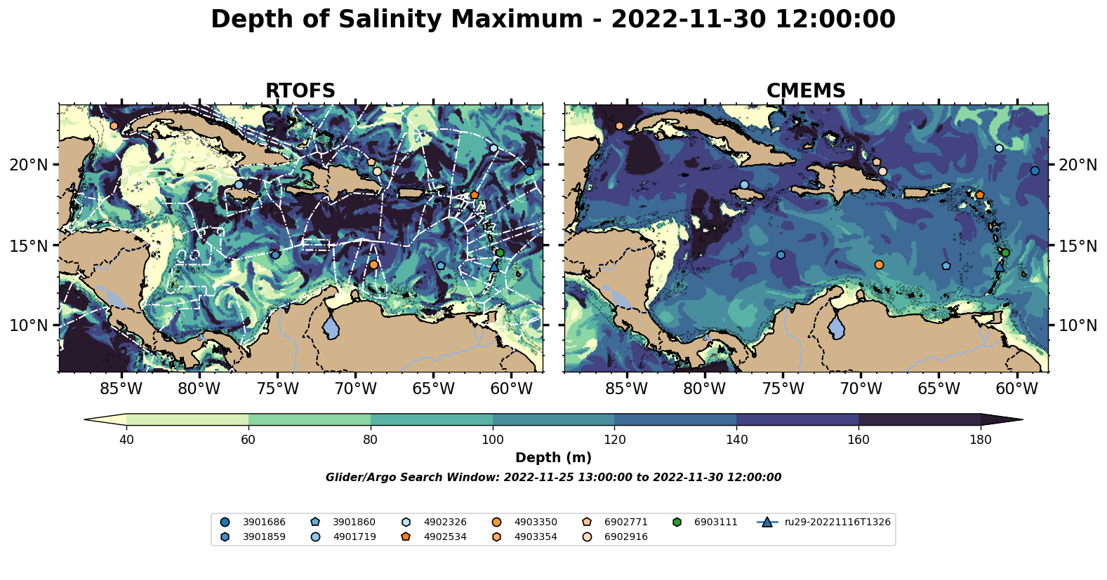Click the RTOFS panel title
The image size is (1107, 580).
[300, 91]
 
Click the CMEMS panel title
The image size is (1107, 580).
[806, 91]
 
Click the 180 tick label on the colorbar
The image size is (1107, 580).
[980, 440]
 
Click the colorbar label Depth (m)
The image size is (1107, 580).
[553, 458]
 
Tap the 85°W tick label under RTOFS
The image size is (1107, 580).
[121, 389]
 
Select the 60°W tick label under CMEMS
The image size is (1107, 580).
[1016, 389]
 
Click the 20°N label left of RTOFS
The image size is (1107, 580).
[29, 165]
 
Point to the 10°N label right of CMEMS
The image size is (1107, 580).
[1078, 325]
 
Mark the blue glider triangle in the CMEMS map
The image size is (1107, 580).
[1000, 266]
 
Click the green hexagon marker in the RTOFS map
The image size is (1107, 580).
[500, 253]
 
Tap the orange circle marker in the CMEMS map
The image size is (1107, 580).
[879, 264]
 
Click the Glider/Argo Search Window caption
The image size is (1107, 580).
[553, 478]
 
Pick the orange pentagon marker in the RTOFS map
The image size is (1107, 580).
[475, 195]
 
